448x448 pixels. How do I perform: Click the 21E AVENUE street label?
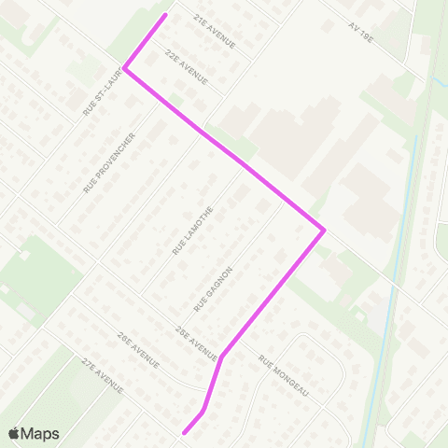point(215,31)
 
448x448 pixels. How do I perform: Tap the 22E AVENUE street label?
point(184,66)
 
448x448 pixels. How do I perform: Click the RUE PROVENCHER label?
point(110,162)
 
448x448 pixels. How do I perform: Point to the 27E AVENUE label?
point(103,373)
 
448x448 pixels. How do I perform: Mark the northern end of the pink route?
point(166,15)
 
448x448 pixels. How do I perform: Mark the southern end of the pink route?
point(184,433)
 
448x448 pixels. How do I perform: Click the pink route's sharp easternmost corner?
point(323,230)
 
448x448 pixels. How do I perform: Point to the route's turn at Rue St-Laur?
point(125,68)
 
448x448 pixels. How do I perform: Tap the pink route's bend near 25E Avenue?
point(221,355)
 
